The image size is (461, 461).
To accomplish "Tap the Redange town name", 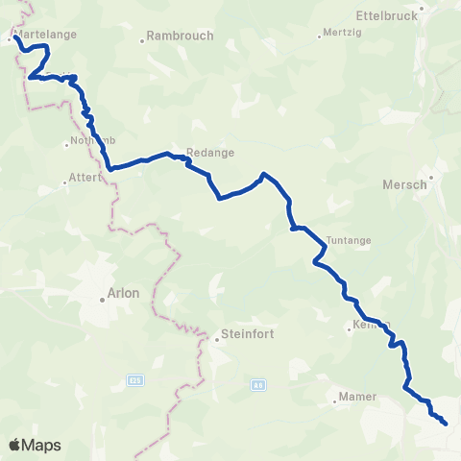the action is pyautogui.click(x=211, y=152).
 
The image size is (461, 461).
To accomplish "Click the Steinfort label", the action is pyautogui.click(x=248, y=334).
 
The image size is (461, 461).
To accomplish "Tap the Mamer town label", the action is pyautogui.click(x=357, y=396).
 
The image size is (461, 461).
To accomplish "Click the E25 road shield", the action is pyautogui.click(x=134, y=381).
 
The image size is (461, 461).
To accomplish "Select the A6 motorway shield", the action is pyautogui.click(x=257, y=384).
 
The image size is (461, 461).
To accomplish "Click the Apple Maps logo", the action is pyautogui.click(x=35, y=445).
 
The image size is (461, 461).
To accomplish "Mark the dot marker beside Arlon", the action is pyautogui.click(x=102, y=300).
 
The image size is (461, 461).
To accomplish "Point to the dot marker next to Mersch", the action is pyautogui.click(x=432, y=177).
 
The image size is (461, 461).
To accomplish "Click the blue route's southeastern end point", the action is pyautogui.click(x=447, y=423).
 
